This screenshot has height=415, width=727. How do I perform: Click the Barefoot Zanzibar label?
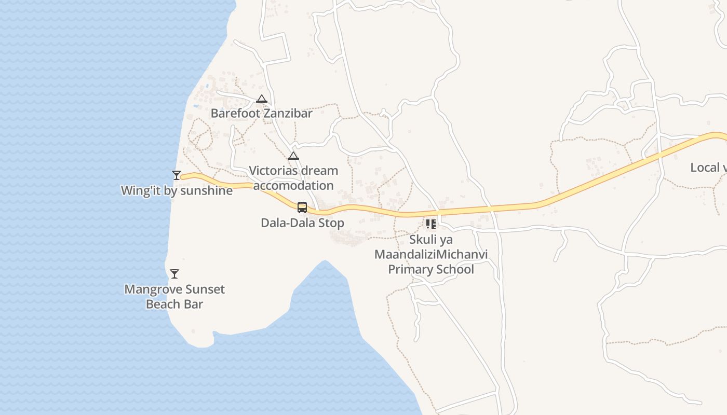(261, 113)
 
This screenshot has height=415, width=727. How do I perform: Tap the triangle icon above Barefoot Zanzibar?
(261, 99)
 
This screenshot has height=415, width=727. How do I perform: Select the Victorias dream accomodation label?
(293, 178)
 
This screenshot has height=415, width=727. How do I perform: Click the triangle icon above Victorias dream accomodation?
(293, 156)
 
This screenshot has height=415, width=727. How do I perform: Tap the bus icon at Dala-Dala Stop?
(302, 208)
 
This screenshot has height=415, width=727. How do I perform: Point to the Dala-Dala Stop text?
(302, 223)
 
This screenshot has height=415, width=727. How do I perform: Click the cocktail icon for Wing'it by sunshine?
(177, 175)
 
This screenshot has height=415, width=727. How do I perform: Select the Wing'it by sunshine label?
(177, 190)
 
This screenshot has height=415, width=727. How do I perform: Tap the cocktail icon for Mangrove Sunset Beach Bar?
(174, 273)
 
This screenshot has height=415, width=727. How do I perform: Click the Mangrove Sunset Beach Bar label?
(174, 297)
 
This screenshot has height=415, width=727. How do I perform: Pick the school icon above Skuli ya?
(430, 224)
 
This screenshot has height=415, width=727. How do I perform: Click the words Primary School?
(431, 270)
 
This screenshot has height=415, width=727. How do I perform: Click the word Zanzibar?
(288, 113)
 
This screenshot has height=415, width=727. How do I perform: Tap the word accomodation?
(293, 185)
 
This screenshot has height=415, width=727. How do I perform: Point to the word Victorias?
(272, 171)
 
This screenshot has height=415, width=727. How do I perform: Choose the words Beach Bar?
(174, 304)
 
